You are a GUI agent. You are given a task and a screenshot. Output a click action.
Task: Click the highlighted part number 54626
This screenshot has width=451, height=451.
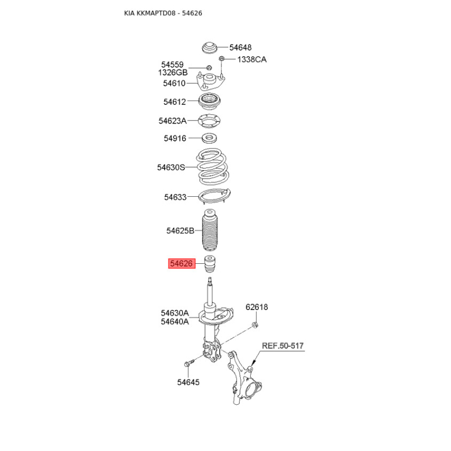coord(182,263)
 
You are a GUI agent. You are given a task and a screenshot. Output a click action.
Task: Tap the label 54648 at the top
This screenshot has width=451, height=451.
coord(241,47)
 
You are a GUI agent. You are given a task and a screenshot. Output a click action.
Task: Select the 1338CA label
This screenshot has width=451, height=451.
coord(252,60)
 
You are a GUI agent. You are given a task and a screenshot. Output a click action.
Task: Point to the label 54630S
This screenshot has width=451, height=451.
coord(171,167)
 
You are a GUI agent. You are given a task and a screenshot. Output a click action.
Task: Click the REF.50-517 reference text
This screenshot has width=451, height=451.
coord(283,346)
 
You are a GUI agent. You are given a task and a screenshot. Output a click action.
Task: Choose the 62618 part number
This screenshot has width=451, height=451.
coord(257,307)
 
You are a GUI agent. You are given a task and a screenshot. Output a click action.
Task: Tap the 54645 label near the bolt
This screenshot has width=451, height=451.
coord(188,382)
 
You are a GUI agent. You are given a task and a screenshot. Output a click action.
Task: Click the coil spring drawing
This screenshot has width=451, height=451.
coord(213,167)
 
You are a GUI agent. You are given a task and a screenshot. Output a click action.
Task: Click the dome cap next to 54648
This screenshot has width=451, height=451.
coord(209,48)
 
